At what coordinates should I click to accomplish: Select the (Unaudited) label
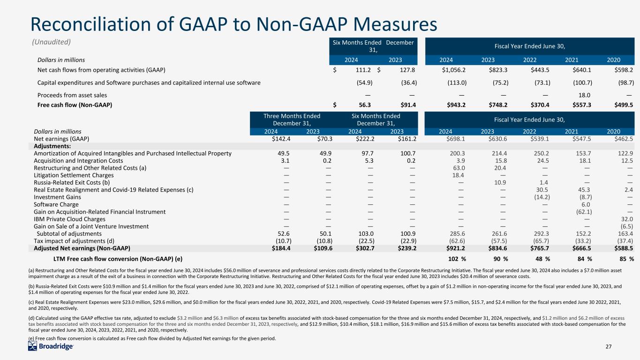[51, 42]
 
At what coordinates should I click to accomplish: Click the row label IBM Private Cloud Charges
[70, 219]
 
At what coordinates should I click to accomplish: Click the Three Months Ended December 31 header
[292, 120]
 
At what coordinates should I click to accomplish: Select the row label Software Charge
[56, 204]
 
